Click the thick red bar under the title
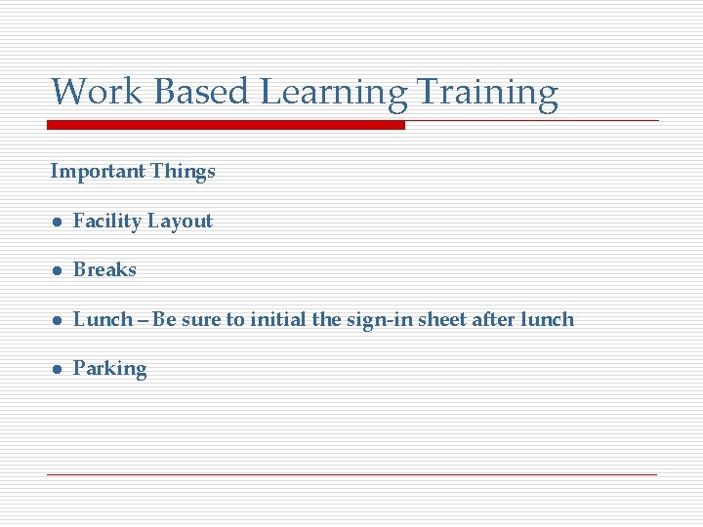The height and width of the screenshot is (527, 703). point(227,125)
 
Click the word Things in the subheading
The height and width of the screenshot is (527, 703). point(184,172)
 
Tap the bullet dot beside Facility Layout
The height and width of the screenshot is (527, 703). point(58,223)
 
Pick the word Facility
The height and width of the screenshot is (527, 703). point(107,222)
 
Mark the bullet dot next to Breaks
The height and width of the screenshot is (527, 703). point(58,271)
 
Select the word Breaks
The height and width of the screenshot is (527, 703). point(105,270)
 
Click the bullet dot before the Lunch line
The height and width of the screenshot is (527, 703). point(58,321)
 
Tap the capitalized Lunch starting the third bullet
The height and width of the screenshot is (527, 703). point(103,320)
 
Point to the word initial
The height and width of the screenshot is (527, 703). point(281,320)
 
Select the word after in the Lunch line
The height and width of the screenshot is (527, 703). point(493,320)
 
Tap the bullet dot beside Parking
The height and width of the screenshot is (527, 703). point(58,370)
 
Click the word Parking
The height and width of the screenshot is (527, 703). point(110,370)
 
